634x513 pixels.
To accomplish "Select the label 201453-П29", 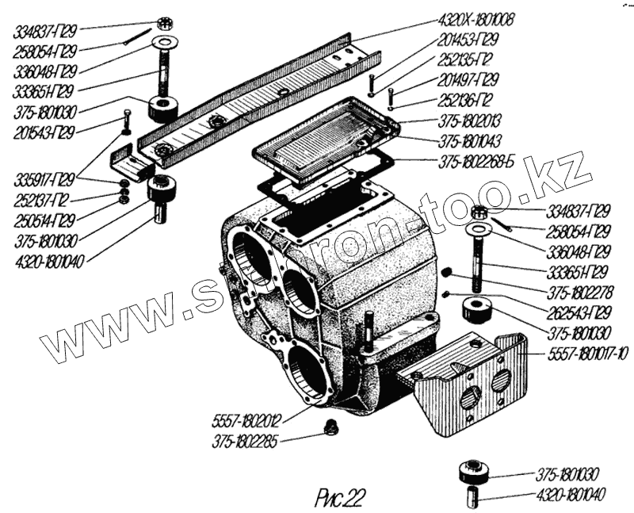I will click(x=468, y=41).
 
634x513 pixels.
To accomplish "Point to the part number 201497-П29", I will click(x=468, y=81).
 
